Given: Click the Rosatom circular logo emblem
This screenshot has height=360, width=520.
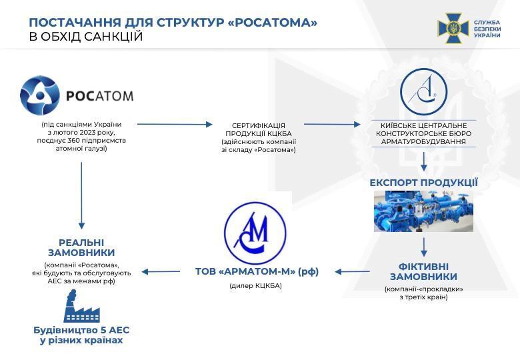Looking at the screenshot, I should [x=40, y=95].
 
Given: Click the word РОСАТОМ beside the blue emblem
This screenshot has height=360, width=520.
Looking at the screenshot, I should [x=99, y=95].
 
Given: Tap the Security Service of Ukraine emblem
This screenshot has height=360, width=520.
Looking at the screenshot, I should [x=453, y=29].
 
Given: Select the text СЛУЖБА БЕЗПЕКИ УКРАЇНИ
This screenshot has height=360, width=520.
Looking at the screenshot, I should [x=487, y=29].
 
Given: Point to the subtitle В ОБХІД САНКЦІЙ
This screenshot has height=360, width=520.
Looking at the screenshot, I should [x=86, y=37].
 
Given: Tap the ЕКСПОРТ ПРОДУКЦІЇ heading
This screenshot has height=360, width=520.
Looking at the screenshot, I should [x=424, y=183].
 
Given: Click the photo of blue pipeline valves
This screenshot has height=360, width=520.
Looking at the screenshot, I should [x=423, y=211].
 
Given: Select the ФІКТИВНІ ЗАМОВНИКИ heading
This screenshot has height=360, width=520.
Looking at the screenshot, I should [x=423, y=272].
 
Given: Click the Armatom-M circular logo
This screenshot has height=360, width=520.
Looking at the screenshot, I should [x=255, y=231].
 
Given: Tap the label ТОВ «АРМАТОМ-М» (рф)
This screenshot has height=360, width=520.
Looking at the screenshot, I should [x=257, y=271].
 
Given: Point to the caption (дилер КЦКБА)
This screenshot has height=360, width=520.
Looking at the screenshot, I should [x=255, y=285].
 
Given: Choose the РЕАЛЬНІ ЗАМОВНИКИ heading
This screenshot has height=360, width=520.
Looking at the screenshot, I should [x=81, y=247].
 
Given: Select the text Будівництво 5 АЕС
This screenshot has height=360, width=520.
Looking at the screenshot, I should [x=81, y=330].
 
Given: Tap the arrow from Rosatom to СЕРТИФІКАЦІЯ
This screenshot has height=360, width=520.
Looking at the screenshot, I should [x=175, y=124].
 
